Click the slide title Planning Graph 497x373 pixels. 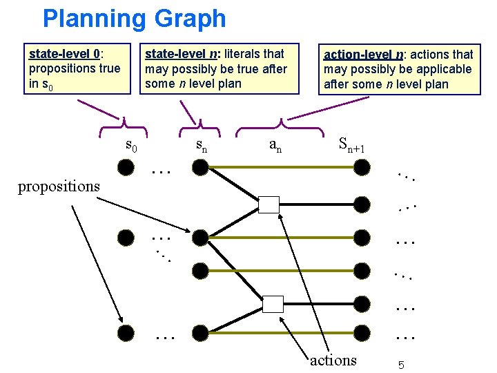pyautogui.click(x=134, y=19)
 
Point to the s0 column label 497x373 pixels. pyautogui.click(x=131, y=146)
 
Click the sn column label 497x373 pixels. pyautogui.click(x=201, y=146)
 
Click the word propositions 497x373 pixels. pyautogui.click(x=59, y=186)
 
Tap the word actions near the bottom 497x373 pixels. pyautogui.click(x=333, y=360)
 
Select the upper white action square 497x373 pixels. pyautogui.click(x=269, y=204)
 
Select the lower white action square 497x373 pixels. pyautogui.click(x=273, y=304)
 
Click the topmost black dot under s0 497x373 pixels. pyautogui.click(x=126, y=167)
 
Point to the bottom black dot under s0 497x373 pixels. pyautogui.click(x=126, y=334)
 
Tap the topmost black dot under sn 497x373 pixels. pyautogui.click(x=199, y=167)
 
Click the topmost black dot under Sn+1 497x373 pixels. pyautogui.click(x=361, y=167)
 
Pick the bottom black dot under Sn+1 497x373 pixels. pyautogui.click(x=361, y=334)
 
